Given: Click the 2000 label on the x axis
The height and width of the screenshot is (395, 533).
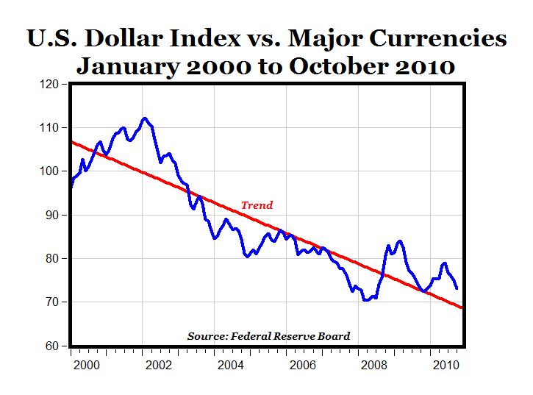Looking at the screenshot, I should (x=87, y=365).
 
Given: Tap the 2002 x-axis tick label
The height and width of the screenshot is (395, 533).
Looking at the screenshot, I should (x=159, y=365).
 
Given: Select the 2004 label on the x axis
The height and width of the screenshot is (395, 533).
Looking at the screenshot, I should (x=230, y=365).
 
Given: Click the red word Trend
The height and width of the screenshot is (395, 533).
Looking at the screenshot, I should (x=257, y=205).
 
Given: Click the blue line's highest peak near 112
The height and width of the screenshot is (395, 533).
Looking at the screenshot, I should (x=145, y=118).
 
